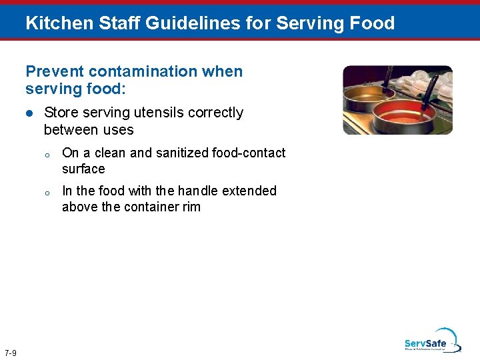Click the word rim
[x=191, y=207]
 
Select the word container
[x=152, y=207]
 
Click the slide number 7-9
[x=11, y=352]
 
